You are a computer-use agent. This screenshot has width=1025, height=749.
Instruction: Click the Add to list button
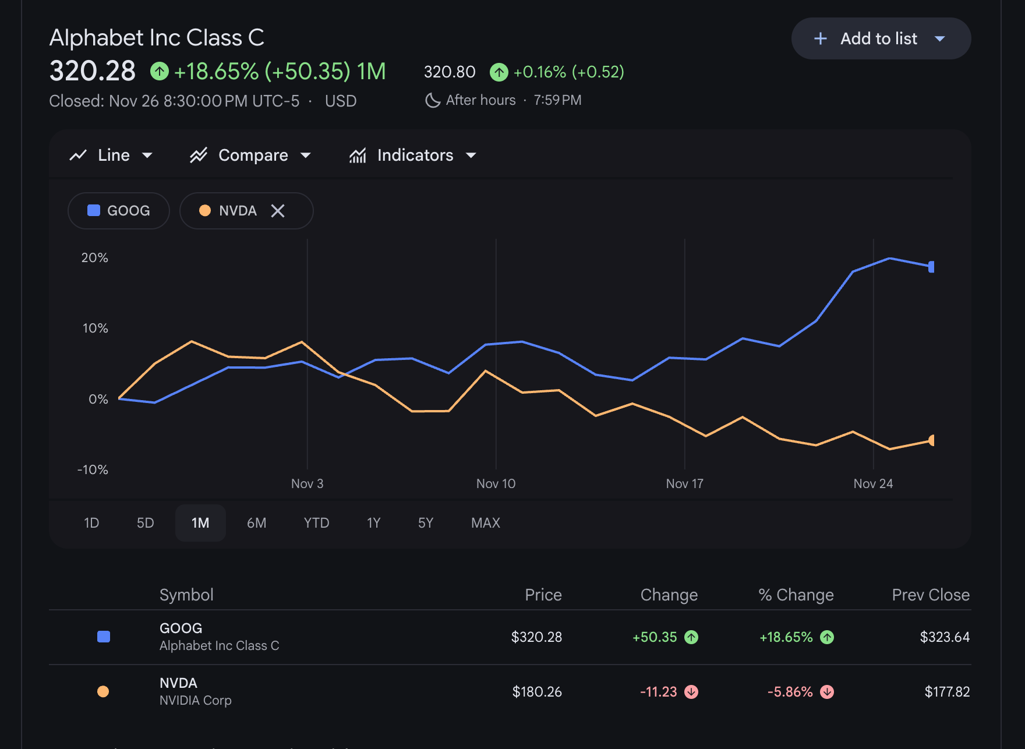pyautogui.click(x=881, y=38)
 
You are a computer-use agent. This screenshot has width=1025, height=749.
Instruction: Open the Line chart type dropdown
pyautogui.click(x=111, y=155)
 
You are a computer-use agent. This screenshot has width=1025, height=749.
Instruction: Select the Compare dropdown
pyautogui.click(x=250, y=155)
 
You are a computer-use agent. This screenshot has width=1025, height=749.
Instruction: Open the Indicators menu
pyautogui.click(x=413, y=155)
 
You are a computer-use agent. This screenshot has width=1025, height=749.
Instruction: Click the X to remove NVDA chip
pyautogui.click(x=278, y=211)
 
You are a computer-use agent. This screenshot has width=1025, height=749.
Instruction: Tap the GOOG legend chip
pyautogui.click(x=119, y=211)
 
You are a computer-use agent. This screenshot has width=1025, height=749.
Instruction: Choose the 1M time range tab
pyautogui.click(x=200, y=523)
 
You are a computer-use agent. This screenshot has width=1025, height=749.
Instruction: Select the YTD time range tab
pyautogui.click(x=316, y=523)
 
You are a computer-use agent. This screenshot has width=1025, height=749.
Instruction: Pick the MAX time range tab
pyautogui.click(x=486, y=523)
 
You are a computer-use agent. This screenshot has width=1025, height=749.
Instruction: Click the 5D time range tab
pyautogui.click(x=146, y=523)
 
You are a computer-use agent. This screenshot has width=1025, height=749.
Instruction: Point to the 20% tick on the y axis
pyautogui.click(x=95, y=257)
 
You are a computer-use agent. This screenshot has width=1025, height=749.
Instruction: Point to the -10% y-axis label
pyautogui.click(x=93, y=469)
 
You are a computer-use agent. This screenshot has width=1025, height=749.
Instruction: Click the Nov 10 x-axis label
pyautogui.click(x=496, y=483)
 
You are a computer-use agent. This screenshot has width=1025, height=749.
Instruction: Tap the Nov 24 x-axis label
pyautogui.click(x=873, y=483)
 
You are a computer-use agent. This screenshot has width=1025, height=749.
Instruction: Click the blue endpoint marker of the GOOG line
pyautogui.click(x=931, y=267)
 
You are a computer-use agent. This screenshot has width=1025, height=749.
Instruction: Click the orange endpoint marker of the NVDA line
pyautogui.click(x=931, y=440)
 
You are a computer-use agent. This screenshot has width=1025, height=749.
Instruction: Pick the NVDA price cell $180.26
pyautogui.click(x=537, y=691)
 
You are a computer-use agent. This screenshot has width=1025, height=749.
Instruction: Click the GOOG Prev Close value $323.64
pyautogui.click(x=945, y=637)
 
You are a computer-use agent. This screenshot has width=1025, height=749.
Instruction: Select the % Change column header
pyautogui.click(x=796, y=595)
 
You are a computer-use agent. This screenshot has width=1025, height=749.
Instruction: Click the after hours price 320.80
pyautogui.click(x=450, y=72)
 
